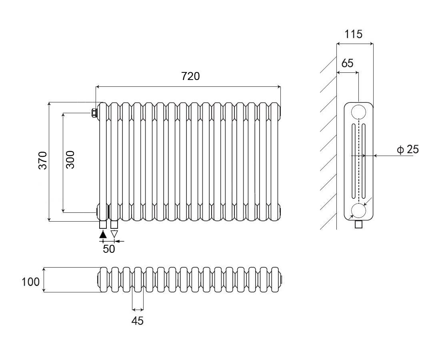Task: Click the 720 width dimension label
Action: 190,76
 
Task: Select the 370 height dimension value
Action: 43,160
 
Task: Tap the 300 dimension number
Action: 70,159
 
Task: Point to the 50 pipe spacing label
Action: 109,249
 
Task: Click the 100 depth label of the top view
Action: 31,282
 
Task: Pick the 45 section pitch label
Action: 137,320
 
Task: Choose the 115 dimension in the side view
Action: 354,34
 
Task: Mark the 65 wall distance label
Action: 348,63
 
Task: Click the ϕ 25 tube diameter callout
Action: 408,150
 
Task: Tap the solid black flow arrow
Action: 103,234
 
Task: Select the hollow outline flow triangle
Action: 114,234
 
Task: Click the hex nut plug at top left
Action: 94,113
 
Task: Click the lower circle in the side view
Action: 359,210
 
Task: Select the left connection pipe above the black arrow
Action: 103,225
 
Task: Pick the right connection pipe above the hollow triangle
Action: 114,225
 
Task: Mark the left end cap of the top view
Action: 98,279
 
